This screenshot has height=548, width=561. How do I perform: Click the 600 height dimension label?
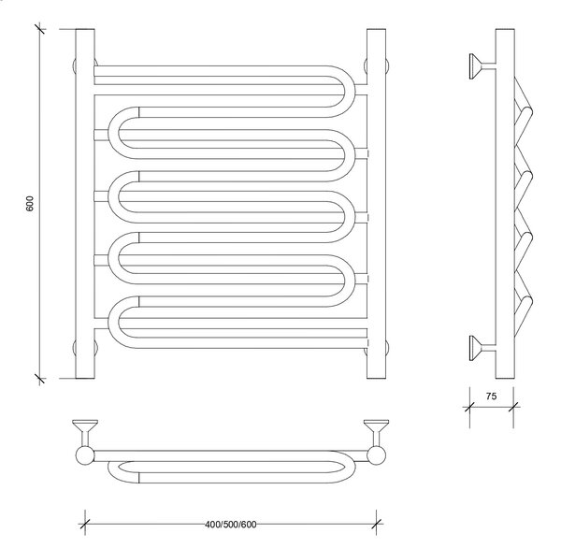click(x=29, y=203)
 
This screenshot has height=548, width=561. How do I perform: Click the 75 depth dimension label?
click(x=491, y=397)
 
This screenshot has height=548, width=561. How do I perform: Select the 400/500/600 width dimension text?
click(x=231, y=525)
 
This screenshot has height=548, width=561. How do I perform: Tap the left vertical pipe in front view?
click(x=85, y=204)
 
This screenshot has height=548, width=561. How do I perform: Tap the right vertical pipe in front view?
click(x=377, y=204)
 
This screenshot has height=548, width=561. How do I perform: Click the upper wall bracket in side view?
click(x=482, y=66)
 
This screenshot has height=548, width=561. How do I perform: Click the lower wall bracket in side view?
click(x=482, y=348)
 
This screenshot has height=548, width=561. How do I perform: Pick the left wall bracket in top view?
click(x=85, y=433)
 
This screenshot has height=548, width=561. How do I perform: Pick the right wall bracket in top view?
click(x=377, y=433)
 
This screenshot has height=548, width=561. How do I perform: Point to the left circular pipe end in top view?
click(x=85, y=455)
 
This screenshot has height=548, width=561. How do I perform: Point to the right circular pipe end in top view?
click(x=377, y=455)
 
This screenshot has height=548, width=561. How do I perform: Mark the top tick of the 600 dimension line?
click(x=39, y=29)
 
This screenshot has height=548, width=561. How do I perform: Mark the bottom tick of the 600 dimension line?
click(x=39, y=379)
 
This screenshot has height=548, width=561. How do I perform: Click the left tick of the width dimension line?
click(x=85, y=524)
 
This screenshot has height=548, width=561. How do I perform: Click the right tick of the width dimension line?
click(x=377, y=524)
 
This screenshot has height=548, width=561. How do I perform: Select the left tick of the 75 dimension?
click(x=469, y=407)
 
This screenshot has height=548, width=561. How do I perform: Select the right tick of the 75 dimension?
click(x=513, y=407)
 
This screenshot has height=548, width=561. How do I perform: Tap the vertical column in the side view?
click(x=505, y=204)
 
